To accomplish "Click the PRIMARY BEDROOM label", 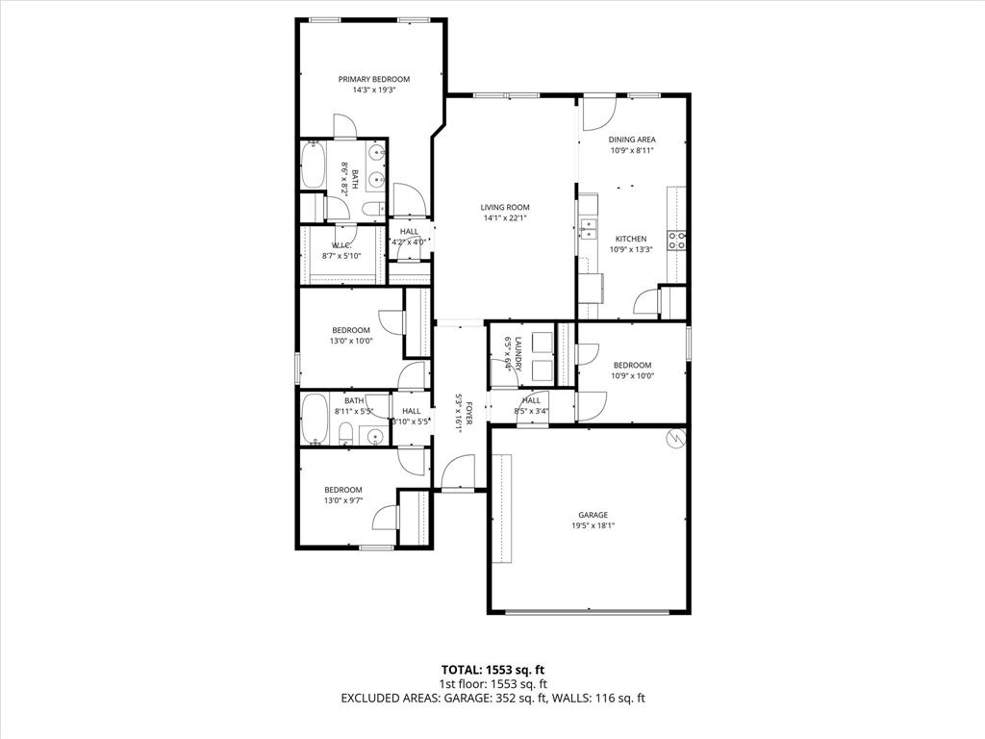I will (373, 79).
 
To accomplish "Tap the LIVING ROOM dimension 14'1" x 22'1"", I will (505, 218).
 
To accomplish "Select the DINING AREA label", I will (632, 140).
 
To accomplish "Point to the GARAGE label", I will (593, 515).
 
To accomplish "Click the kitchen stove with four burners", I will (677, 241).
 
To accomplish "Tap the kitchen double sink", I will (588, 228).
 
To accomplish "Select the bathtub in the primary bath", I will (313, 166).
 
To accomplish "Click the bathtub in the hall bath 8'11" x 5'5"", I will (314, 420).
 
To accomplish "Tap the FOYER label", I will (469, 416).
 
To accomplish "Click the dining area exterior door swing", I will (597, 114).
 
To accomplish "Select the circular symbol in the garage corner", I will (674, 438).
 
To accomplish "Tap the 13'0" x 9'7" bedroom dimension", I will (342, 500).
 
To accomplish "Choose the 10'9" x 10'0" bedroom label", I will (632, 365).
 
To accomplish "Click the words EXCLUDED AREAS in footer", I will (391, 698).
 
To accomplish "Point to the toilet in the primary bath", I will (373, 210).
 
